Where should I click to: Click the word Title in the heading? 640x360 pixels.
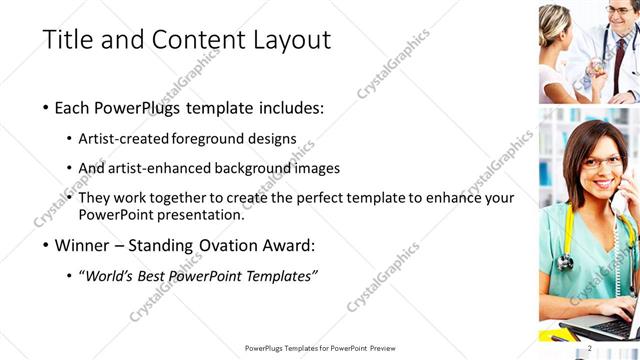click(x=68, y=40)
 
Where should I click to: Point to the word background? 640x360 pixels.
click(x=249, y=168)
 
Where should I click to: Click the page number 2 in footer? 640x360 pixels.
click(x=590, y=347)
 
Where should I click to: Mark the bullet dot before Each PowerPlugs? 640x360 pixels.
click(x=46, y=108)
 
